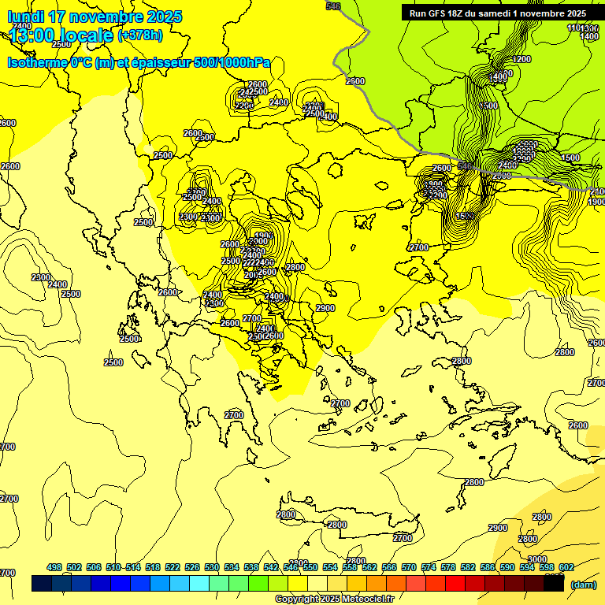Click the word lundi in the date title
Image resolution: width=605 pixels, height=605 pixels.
24,17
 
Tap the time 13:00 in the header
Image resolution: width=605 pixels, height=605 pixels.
35,35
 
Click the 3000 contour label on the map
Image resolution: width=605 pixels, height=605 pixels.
527,538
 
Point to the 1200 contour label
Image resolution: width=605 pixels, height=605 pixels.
521,59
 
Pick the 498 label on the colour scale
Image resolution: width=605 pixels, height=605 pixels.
54,567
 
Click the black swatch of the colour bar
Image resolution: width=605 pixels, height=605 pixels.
554,584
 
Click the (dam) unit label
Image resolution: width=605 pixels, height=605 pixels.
583,584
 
